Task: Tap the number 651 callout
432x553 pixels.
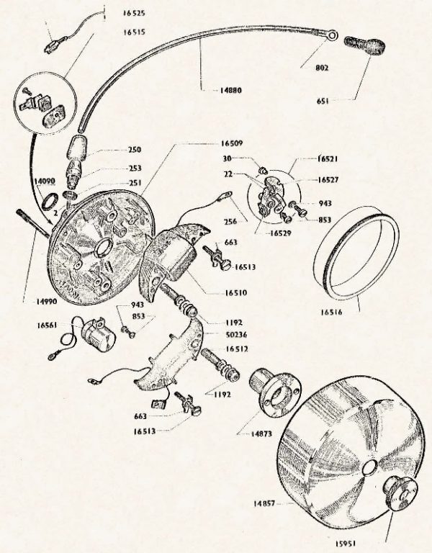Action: point(323,102)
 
